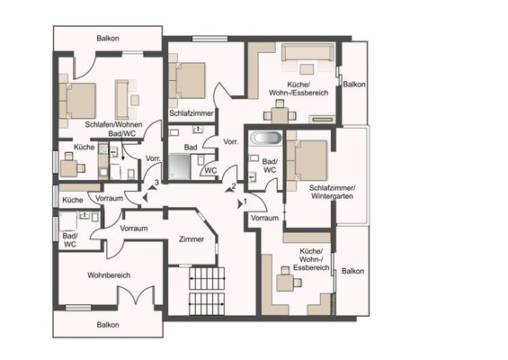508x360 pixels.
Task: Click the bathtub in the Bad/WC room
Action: click(x=266, y=138)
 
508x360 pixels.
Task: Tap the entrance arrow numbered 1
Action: click(x=240, y=204)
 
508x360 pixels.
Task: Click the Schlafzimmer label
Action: click(x=192, y=113)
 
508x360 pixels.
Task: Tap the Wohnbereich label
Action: click(x=109, y=275)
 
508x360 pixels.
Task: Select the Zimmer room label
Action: click(x=192, y=239)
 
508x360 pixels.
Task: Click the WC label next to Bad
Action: click(x=211, y=170)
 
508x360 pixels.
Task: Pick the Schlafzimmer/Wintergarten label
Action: click(x=332, y=192)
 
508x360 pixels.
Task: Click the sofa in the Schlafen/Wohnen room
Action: click(x=121, y=100)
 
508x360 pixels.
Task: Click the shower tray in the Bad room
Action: click(x=179, y=166)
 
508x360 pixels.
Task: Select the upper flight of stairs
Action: click(x=207, y=278)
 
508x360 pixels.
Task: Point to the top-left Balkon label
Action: click(x=108, y=39)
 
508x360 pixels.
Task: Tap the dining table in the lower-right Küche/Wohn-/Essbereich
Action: click(x=285, y=283)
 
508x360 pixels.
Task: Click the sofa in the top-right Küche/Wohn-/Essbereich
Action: click(x=307, y=52)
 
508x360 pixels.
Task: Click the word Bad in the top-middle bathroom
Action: click(x=191, y=148)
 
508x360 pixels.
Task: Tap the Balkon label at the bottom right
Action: click(x=352, y=271)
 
